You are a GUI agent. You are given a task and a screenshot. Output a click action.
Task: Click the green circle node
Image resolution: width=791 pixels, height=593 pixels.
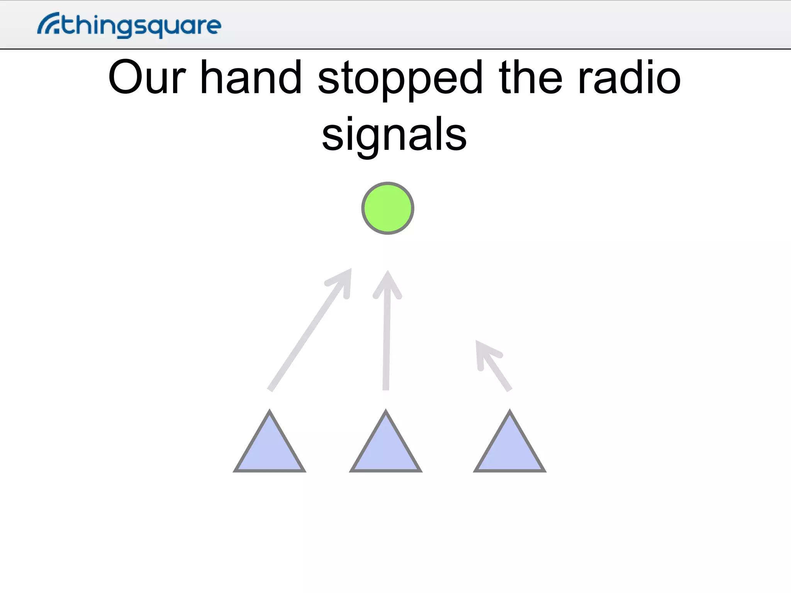pyautogui.click(x=388, y=208)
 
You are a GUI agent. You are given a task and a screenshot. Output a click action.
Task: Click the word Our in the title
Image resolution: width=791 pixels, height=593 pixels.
pyautogui.click(x=147, y=77)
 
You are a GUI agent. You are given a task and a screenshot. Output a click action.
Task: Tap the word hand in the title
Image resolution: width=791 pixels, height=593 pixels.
pyautogui.click(x=251, y=77)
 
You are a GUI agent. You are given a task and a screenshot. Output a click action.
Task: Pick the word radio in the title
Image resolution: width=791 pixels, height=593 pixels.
pyautogui.click(x=629, y=77)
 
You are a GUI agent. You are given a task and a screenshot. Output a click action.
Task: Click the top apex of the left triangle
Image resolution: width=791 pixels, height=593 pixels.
pyautogui.click(x=270, y=412)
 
